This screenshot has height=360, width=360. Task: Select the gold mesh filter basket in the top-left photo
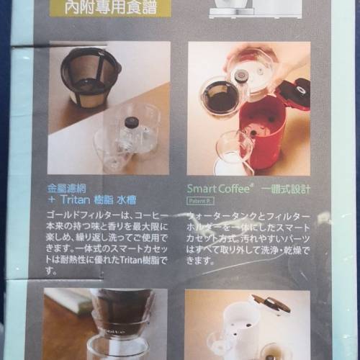(x=91, y=76)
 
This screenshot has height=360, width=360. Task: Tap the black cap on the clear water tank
(x=132, y=122)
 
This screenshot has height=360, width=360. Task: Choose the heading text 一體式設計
(x=287, y=185)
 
